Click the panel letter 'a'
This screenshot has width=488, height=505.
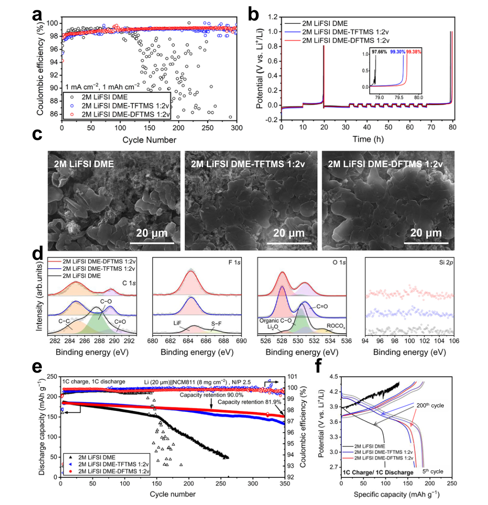(37, 15)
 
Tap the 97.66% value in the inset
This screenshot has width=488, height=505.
(379, 52)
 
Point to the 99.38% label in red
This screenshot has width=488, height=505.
(414, 52)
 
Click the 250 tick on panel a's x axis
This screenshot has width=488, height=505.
(207, 128)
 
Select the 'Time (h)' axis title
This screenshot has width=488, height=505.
(368, 139)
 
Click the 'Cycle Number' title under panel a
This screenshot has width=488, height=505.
(149, 140)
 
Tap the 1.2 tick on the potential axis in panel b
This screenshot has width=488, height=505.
(273, 17)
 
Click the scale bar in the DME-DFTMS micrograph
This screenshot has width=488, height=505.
(426, 243)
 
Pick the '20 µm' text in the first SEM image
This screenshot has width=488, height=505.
(152, 233)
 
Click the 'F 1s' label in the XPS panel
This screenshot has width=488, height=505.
(234, 263)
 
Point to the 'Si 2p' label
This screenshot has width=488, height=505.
(446, 263)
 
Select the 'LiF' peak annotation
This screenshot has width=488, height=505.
(177, 323)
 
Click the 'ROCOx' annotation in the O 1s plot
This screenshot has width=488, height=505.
(336, 326)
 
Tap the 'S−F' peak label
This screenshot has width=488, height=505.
(216, 324)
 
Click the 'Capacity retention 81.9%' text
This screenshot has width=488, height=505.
(249, 402)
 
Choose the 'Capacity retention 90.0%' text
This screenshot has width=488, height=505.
(211, 395)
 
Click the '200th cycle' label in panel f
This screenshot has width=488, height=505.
(430, 405)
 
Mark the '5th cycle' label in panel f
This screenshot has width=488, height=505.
(433, 471)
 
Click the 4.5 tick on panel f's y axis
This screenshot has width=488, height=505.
(334, 377)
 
